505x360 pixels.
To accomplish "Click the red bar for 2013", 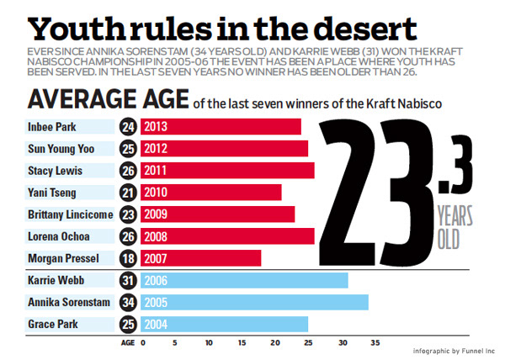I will click(x=221, y=126).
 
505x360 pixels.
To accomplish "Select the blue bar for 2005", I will click(x=254, y=301).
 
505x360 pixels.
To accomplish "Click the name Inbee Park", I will click(x=52, y=126).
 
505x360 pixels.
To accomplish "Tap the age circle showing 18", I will click(x=128, y=257).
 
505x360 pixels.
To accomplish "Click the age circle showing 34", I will click(x=128, y=301).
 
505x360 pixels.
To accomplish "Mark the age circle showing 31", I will click(x=128, y=279).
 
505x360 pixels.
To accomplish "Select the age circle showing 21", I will click(x=128, y=192).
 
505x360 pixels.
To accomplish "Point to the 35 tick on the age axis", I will click(x=375, y=342).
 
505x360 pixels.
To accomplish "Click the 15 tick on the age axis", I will click(x=242, y=342).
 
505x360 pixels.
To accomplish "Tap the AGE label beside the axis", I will click(x=127, y=342).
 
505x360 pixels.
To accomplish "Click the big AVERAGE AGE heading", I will click(x=109, y=99).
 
